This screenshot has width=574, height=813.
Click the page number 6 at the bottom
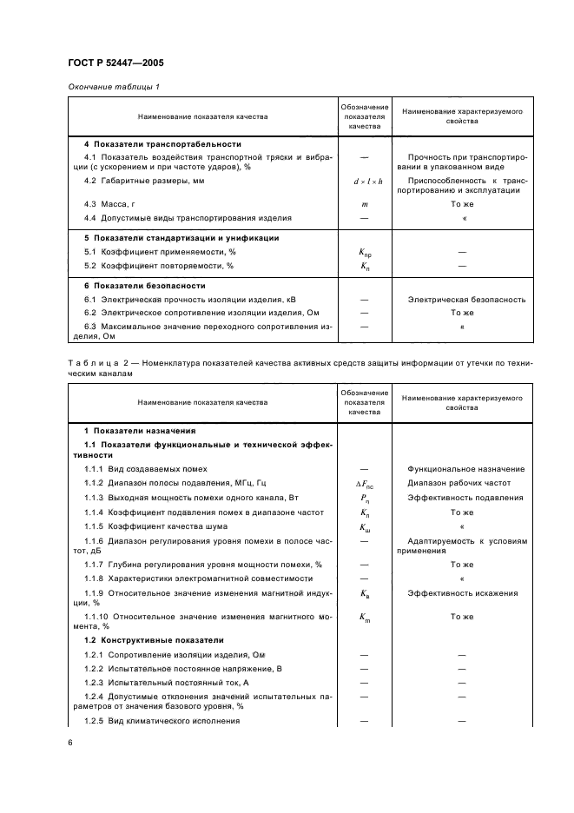click(69, 742)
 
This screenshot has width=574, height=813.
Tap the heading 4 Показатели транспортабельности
click(162, 143)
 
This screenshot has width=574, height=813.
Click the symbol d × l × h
click(364, 181)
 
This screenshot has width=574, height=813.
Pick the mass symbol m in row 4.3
click(364, 202)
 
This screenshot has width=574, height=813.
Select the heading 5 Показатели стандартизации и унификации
click(188, 237)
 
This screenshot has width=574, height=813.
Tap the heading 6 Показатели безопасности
click(144, 285)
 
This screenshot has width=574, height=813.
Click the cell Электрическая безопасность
click(466, 300)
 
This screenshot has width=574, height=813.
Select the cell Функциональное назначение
click(465, 469)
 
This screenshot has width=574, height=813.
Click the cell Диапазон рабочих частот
click(459, 483)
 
